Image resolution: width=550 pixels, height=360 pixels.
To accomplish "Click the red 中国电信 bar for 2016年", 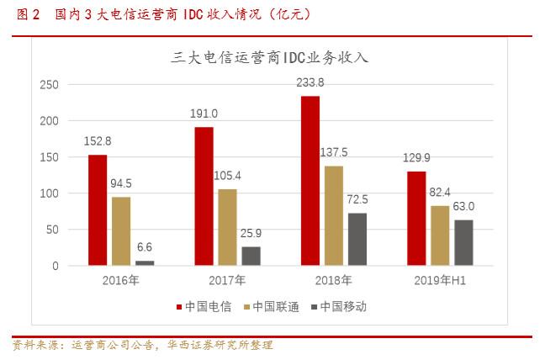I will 98,210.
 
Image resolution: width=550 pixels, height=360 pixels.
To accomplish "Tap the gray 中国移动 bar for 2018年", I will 357,239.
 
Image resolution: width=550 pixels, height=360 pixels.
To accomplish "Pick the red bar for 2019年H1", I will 416,219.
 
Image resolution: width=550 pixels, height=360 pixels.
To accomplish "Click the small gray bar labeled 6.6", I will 145,262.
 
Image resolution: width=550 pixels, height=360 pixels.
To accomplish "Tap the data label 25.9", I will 251,233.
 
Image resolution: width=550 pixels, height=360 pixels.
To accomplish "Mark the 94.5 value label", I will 121,183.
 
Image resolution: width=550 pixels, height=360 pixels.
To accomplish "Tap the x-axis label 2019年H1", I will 440,281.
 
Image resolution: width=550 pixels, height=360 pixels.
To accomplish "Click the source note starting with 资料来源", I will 143,345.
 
